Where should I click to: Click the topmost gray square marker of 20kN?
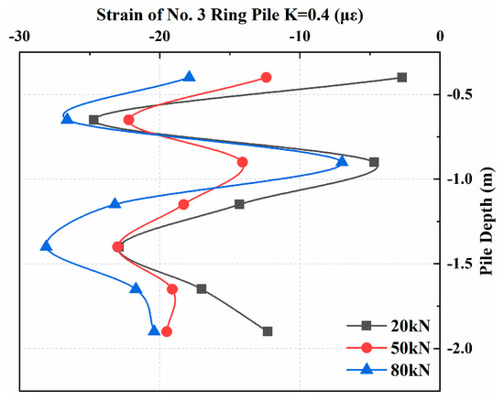click(401, 78)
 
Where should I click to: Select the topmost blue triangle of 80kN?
click(189, 77)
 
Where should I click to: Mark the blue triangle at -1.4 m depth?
click(46, 246)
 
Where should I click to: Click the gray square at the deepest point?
click(267, 331)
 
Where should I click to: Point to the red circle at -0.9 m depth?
click(242, 162)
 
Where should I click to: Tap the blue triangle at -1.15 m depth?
click(115, 203)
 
